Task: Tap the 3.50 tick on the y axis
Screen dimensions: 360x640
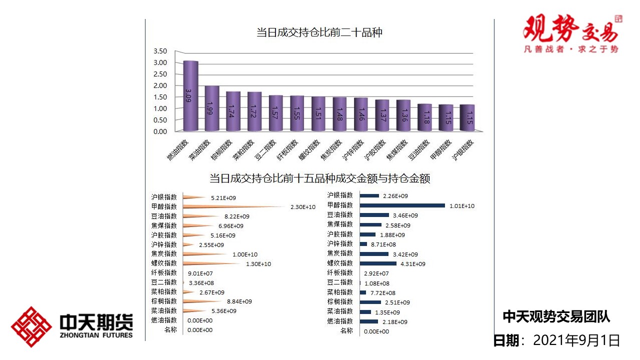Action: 160,51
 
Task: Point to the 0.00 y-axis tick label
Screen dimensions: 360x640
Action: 160,131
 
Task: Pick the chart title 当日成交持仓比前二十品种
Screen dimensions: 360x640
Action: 319,33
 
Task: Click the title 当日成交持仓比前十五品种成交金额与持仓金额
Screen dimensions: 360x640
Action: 319,178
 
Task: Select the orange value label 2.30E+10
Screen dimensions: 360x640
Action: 303,207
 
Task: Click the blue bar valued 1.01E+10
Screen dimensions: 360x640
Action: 402,205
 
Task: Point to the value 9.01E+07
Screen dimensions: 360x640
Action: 200,273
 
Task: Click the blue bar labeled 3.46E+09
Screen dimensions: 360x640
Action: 374,215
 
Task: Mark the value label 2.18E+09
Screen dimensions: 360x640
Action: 395,322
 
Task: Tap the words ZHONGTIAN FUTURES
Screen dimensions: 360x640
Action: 95,335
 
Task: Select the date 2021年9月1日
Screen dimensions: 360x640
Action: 576,341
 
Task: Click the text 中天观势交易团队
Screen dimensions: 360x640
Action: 556,316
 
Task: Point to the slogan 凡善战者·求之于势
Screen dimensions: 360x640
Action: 570,49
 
